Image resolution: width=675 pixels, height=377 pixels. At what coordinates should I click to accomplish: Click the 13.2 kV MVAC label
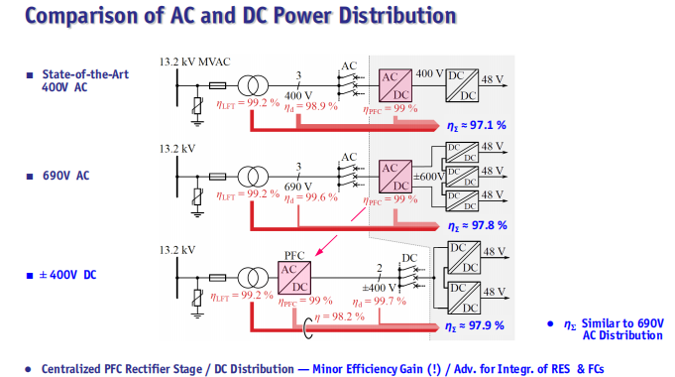point(194,63)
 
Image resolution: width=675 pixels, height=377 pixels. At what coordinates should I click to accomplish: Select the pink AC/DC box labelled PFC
point(294,278)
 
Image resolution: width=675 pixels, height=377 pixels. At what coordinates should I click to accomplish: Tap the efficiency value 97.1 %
point(488,125)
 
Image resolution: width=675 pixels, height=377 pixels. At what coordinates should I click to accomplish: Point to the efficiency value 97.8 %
point(489,225)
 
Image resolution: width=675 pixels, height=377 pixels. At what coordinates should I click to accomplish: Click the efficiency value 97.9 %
point(486,325)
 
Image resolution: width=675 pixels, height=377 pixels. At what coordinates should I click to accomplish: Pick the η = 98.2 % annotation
point(339,317)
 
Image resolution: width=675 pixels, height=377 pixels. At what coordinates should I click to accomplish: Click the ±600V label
point(429,177)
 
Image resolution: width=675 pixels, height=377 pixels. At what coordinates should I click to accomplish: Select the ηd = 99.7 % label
point(380,302)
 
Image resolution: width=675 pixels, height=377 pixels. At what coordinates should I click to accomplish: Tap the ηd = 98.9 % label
point(311,107)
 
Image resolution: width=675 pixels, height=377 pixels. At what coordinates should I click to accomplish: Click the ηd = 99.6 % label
point(311,198)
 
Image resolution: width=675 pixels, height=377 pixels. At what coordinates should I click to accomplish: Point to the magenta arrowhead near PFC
point(319,252)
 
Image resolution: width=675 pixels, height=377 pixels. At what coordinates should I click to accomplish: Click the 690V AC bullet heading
point(65,176)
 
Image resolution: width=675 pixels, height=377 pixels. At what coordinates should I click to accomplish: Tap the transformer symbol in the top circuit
point(253,85)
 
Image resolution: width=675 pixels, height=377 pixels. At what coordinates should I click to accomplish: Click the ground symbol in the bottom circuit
point(197,314)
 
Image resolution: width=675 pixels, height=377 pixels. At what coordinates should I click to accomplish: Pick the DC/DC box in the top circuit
point(462,85)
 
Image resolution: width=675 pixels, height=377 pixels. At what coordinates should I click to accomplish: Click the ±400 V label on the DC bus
point(379,288)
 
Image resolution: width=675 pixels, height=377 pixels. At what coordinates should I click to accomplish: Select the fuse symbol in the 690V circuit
point(217,177)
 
